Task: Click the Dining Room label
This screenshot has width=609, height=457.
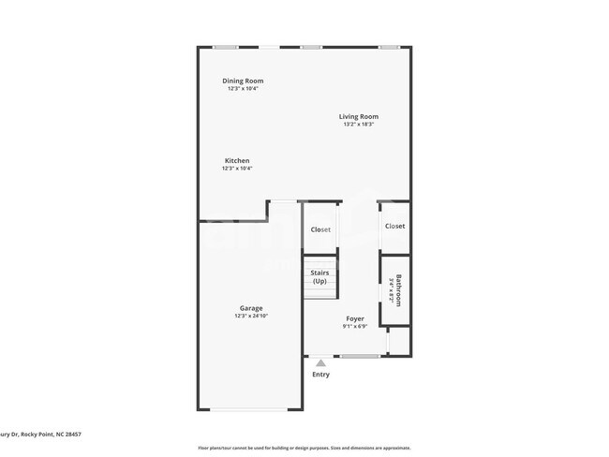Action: (x=242, y=81)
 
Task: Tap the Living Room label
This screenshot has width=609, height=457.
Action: (x=359, y=117)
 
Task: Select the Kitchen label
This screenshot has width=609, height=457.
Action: (x=236, y=161)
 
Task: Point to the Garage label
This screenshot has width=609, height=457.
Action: (x=250, y=308)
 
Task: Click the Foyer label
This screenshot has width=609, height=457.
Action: (x=354, y=318)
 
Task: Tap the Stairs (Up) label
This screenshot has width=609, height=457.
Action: (x=319, y=277)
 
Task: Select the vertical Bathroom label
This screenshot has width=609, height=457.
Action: (x=398, y=289)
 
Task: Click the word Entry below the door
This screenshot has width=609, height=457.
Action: (x=320, y=375)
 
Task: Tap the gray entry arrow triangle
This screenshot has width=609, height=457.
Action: (x=320, y=361)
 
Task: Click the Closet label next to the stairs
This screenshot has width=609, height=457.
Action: (x=320, y=229)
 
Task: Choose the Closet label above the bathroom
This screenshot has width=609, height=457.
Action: (x=394, y=226)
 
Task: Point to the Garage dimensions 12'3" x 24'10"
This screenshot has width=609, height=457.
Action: (x=250, y=317)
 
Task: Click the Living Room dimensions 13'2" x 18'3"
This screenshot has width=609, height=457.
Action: (x=359, y=125)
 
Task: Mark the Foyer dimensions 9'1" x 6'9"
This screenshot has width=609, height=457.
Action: (x=354, y=326)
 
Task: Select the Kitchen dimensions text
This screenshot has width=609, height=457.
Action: (x=236, y=169)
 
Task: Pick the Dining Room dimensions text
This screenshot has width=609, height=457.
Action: (x=242, y=88)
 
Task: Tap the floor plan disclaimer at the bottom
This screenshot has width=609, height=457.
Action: (x=304, y=447)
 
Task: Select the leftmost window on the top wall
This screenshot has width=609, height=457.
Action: (x=224, y=47)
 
